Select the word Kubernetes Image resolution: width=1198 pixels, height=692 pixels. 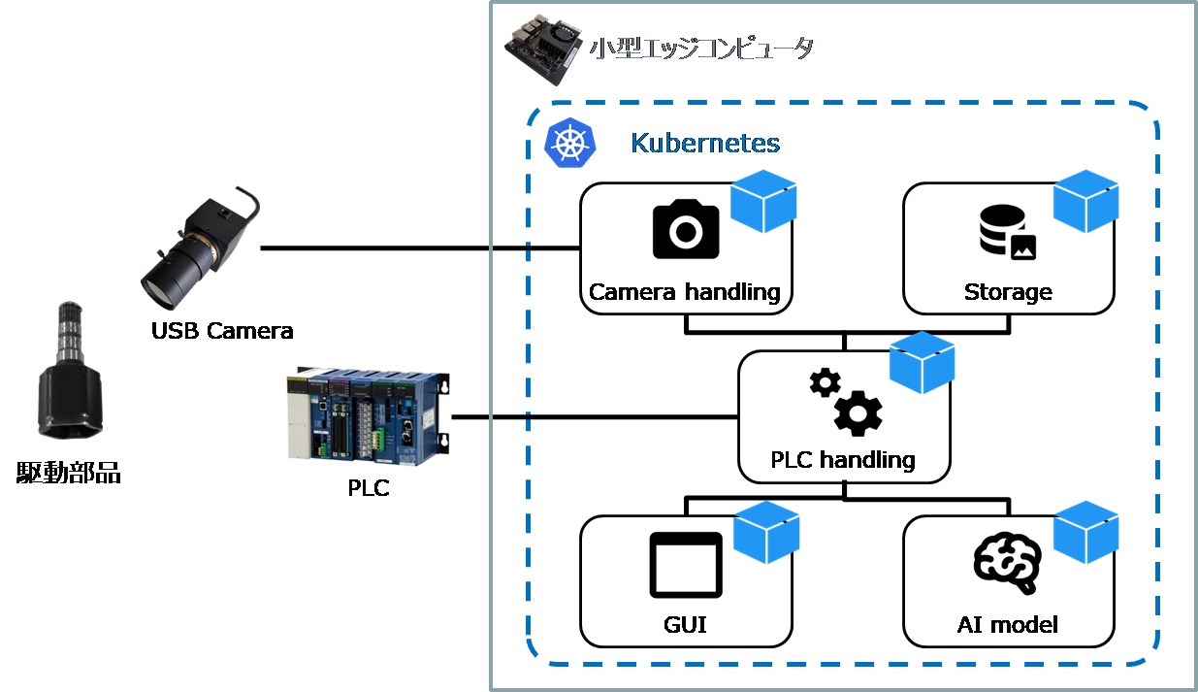[x=705, y=144]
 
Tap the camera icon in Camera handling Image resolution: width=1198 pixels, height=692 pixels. [x=686, y=229]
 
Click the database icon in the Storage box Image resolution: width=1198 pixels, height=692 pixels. [x=1007, y=232]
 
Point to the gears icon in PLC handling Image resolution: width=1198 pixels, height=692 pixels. [x=846, y=401]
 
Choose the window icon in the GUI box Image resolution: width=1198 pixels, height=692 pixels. [x=686, y=565]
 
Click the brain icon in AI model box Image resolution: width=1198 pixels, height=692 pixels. [x=1008, y=564]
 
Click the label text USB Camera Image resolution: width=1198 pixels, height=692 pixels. [x=222, y=331]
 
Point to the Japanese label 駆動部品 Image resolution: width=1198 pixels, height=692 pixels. [x=69, y=474]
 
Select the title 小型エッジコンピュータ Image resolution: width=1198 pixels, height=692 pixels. [x=701, y=49]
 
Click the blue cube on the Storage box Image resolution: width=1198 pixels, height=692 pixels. [x=1085, y=202]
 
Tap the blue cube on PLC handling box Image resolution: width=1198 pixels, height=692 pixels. [x=922, y=363]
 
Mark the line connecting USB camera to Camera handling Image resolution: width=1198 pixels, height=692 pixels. [x=417, y=248]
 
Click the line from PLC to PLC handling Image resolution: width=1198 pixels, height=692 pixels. [x=592, y=417]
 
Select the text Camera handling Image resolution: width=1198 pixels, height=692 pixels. [x=685, y=292]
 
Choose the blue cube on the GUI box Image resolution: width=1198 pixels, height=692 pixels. [x=766, y=533]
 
